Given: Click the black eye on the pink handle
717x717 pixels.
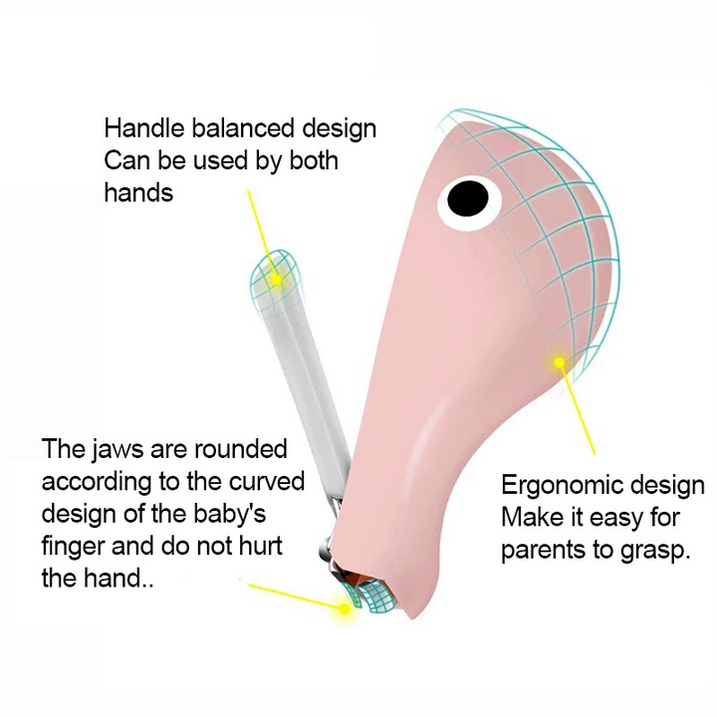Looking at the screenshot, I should tap(466, 200).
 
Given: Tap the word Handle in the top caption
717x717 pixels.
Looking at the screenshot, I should tap(140, 128).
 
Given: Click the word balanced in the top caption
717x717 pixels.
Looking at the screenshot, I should tap(235, 128).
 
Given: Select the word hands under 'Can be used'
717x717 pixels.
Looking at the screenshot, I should tap(138, 192).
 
